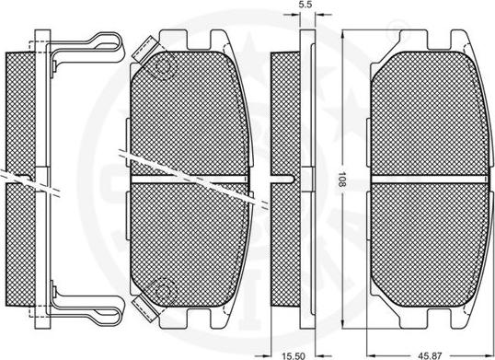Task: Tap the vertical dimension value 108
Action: coord(341,179)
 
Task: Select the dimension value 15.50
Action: coord(294,356)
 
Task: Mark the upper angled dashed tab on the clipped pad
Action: coord(144,48)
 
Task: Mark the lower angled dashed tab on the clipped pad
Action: coord(144,308)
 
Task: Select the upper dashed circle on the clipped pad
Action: coord(164,67)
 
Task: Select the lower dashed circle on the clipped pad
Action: coord(164,290)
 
